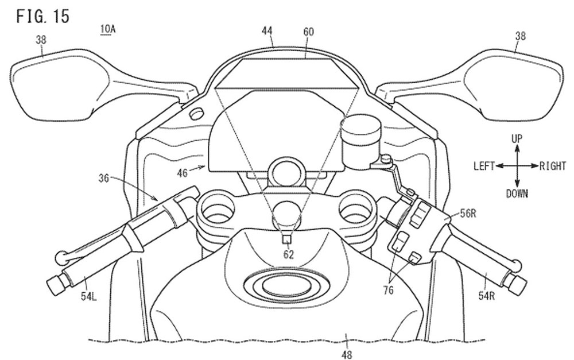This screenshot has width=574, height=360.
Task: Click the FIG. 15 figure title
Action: (x=42, y=16)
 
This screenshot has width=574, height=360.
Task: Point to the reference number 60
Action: (x=308, y=32)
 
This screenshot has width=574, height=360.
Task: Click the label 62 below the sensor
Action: (x=288, y=254)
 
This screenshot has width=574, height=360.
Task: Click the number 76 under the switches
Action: (x=388, y=291)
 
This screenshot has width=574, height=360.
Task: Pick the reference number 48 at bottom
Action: (x=346, y=355)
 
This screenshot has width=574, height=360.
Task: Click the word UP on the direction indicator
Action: (x=517, y=138)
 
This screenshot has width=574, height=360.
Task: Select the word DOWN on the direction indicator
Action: (x=517, y=193)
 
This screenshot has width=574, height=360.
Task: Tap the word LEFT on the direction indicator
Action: (x=484, y=166)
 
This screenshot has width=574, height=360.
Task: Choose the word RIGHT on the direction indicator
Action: (x=553, y=166)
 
